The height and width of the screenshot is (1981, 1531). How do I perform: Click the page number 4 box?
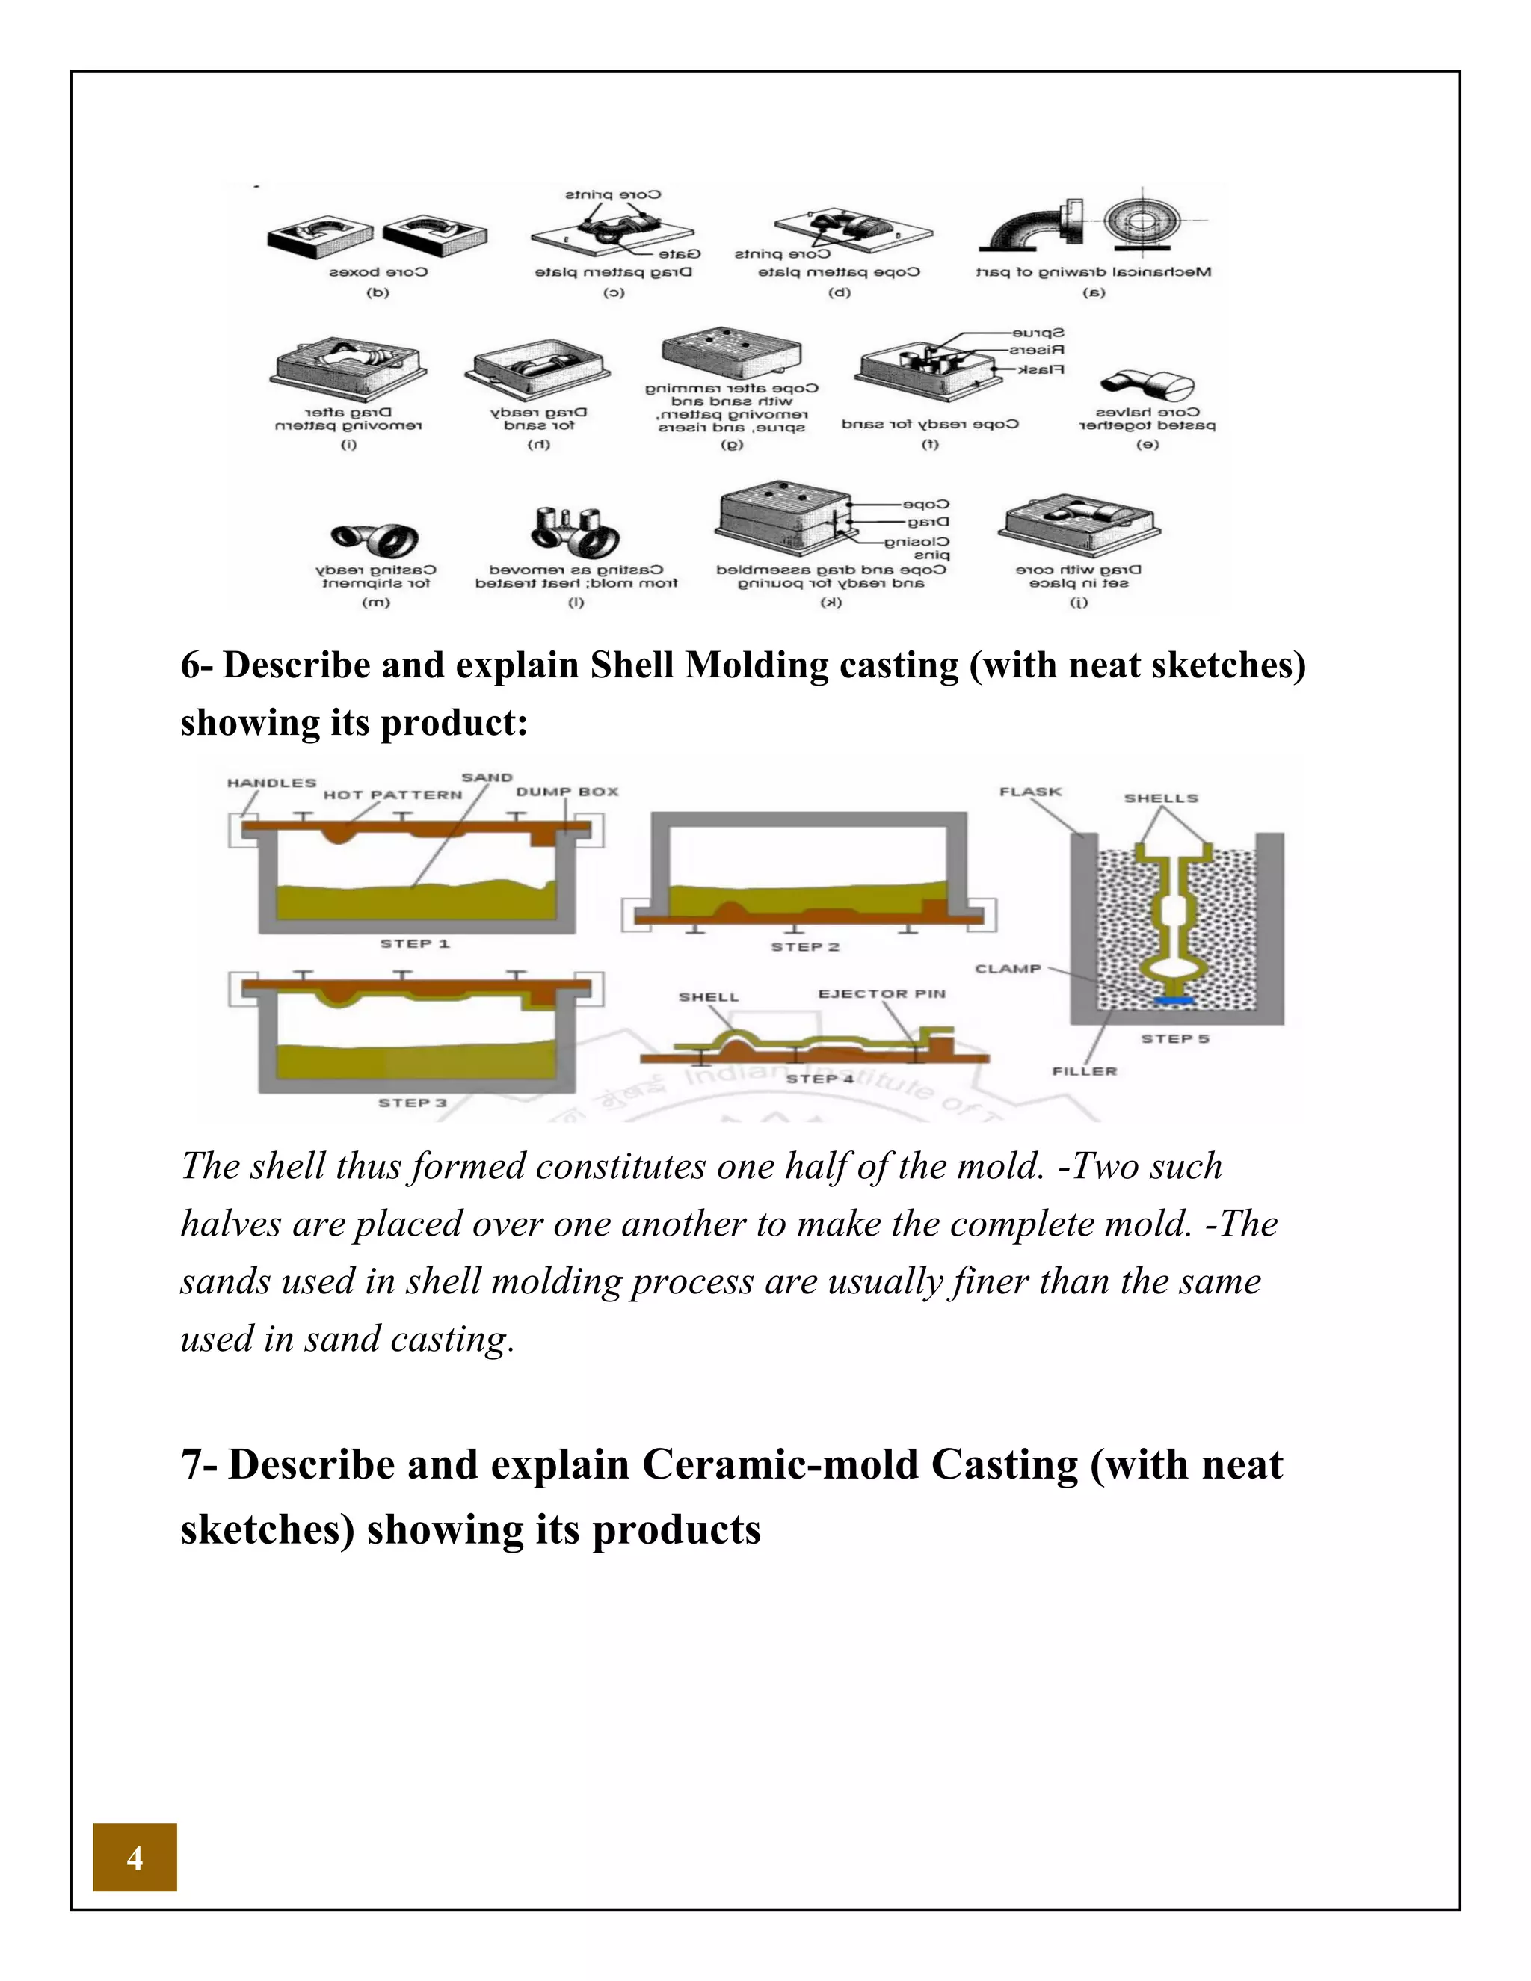click(x=135, y=1858)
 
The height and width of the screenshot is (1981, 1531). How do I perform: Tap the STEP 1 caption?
click(x=414, y=943)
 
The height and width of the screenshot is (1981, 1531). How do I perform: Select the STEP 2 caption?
click(x=805, y=946)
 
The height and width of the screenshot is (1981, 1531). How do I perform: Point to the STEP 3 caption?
click(x=413, y=1102)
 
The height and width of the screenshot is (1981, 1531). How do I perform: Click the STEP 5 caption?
click(x=1174, y=1038)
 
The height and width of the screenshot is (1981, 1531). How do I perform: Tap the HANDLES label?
click(x=271, y=782)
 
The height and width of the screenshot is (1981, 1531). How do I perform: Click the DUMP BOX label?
click(x=567, y=791)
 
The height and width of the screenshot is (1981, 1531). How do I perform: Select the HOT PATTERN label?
click(x=392, y=795)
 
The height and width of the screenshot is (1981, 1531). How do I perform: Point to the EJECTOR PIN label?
click(x=881, y=993)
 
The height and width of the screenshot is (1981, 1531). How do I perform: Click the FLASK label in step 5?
click(x=1030, y=791)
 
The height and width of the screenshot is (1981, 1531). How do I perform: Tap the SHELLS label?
click(x=1161, y=798)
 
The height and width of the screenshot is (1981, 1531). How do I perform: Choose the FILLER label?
click(x=1085, y=1070)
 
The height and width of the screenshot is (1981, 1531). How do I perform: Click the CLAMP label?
click(x=1008, y=968)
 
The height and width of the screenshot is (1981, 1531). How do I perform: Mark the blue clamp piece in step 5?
click(x=1174, y=999)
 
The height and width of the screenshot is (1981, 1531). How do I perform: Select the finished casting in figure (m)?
click(x=375, y=538)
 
